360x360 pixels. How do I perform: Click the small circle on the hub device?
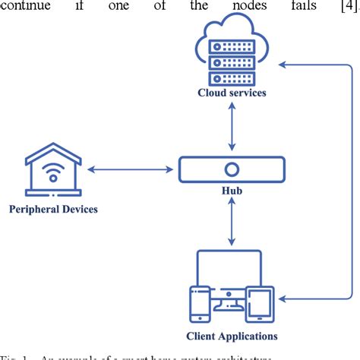tap(232, 169)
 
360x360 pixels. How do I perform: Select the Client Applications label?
tap(232, 335)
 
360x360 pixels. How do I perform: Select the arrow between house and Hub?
tap(129, 169)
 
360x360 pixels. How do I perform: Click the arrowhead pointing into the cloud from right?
tap(285, 65)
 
